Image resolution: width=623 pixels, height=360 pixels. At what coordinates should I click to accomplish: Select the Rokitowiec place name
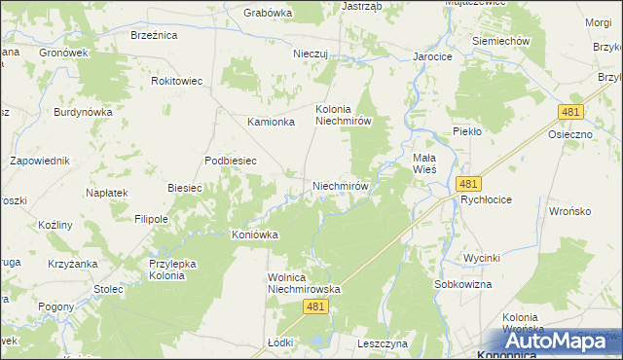pyautogui.click(x=177, y=81)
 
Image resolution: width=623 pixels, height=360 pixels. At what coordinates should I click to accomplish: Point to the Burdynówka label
pyautogui.click(x=84, y=112)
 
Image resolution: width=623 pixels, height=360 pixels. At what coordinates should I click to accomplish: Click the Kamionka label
pyautogui.click(x=271, y=122)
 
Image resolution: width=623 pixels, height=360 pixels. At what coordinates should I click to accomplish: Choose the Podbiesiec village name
pyautogui.click(x=231, y=161)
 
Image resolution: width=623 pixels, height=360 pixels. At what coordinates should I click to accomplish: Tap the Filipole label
pyautogui.click(x=151, y=219)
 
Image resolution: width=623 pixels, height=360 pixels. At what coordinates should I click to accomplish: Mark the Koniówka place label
pyautogui.click(x=255, y=234)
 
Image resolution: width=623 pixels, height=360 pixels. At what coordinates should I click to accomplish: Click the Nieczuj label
pyautogui.click(x=313, y=54)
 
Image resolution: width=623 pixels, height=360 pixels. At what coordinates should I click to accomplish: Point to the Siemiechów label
pyautogui.click(x=500, y=42)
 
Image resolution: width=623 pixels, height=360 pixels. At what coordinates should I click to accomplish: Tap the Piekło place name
pyautogui.click(x=468, y=130)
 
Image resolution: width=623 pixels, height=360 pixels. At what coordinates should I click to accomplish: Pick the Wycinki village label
pyautogui.click(x=482, y=258)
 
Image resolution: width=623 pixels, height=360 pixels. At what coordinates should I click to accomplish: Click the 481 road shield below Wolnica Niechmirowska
pyautogui.click(x=314, y=306)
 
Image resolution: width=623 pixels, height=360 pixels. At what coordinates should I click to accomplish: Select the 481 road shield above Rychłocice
pyautogui.click(x=468, y=183)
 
